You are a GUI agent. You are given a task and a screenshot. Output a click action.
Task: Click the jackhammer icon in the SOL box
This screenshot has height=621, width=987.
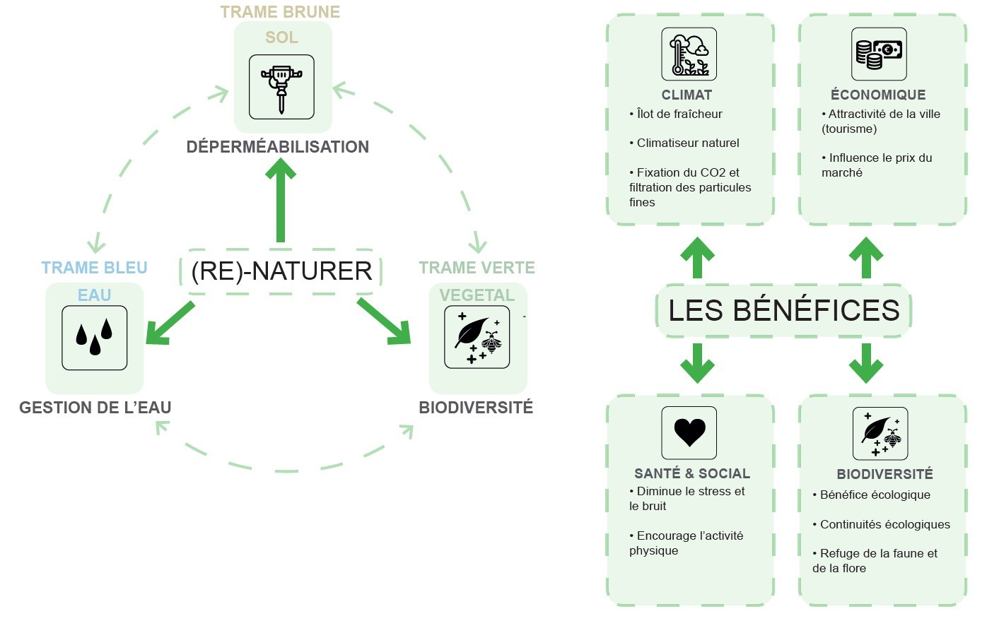coord(281,87)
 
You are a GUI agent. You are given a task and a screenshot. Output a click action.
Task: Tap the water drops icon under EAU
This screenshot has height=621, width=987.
coord(95,338)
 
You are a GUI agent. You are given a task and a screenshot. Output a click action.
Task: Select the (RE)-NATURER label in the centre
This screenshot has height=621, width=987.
coord(281,271)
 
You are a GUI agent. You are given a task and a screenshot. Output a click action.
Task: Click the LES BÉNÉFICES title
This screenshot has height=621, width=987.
coord(783,310)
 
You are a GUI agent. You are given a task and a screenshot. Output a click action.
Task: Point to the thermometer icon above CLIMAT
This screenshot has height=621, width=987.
coord(689,54)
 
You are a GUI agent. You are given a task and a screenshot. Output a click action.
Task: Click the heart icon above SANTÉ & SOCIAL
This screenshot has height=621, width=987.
coord(689,432)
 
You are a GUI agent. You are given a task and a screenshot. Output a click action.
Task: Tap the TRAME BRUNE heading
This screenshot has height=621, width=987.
coord(280,12)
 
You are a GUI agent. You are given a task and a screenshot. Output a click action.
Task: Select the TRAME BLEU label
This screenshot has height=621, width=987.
coord(95,268)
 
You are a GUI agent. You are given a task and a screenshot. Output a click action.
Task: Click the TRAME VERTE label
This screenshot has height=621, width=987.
coord(477,268)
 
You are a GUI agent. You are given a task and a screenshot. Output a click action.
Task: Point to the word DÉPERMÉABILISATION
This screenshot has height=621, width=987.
coord(278,147)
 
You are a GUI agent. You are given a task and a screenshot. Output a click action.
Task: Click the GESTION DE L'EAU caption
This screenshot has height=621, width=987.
coord(95,408)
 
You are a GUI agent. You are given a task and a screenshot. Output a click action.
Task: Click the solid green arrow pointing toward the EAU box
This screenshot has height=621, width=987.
coord(168,324)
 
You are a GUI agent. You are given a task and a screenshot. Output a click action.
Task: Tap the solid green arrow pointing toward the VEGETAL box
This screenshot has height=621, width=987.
coord(385,321)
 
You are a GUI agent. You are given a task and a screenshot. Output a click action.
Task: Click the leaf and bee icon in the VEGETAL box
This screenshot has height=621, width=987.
coord(477,337)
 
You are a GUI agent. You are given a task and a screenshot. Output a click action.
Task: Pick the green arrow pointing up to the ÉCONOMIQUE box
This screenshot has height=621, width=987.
coord(866,257)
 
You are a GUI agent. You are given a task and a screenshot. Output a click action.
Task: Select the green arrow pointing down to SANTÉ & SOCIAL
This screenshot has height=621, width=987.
coord(697,363)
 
